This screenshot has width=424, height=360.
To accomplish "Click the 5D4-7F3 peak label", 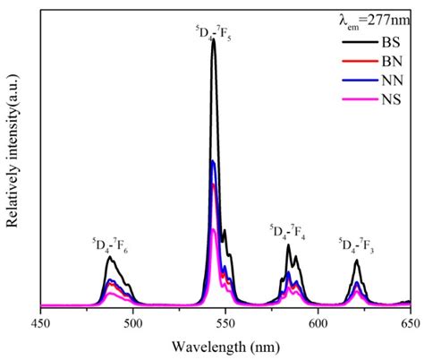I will tap(357, 244).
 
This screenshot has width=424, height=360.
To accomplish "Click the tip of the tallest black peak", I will tap(214, 39).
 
